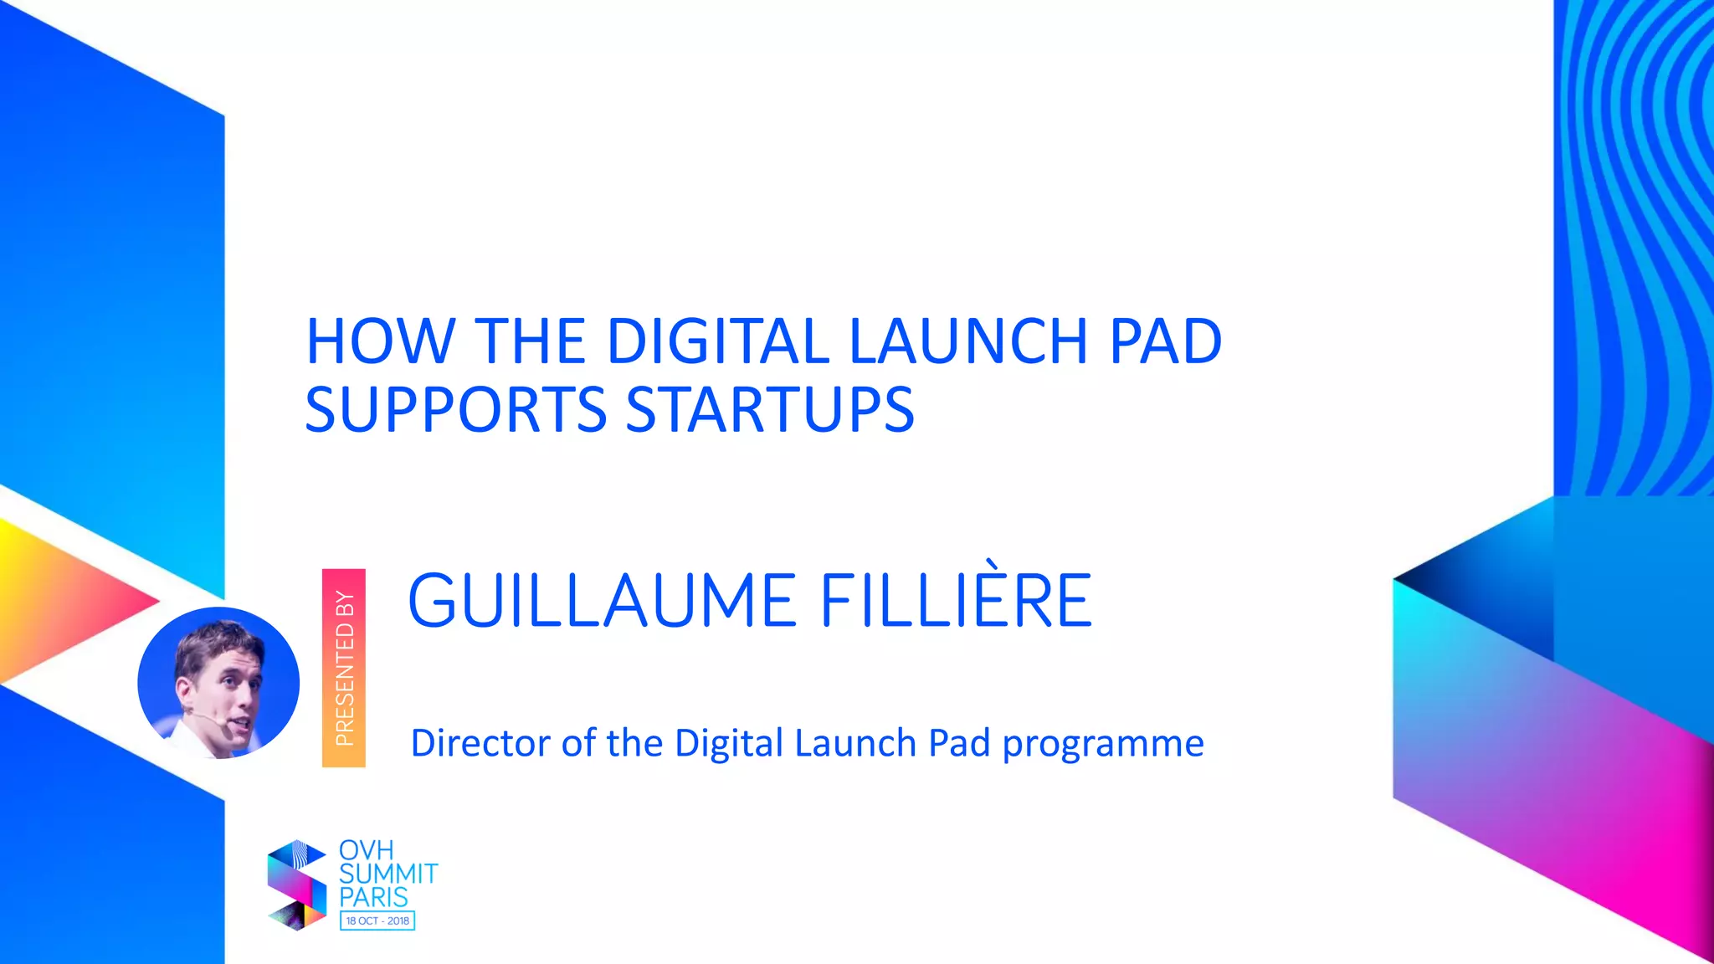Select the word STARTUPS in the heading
(x=770, y=410)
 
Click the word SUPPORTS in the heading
(x=456, y=410)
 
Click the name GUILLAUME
(x=601, y=601)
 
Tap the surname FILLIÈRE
(x=956, y=601)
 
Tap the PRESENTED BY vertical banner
(x=344, y=668)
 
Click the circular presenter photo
(x=218, y=683)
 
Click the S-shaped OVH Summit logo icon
(x=296, y=885)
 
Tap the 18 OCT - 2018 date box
(x=377, y=920)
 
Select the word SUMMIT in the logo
(x=388, y=874)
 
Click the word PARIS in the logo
(x=373, y=897)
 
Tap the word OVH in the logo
(x=366, y=850)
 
